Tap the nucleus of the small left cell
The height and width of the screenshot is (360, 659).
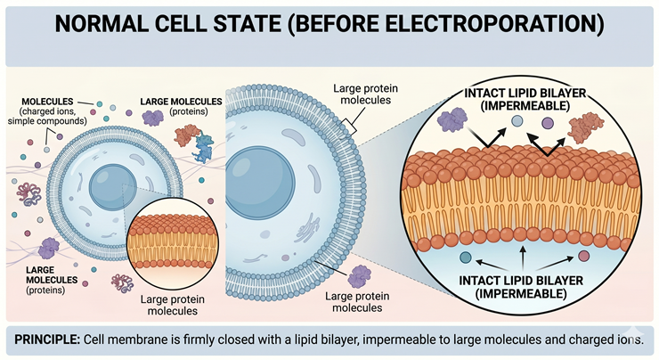pyautogui.click(x=110, y=184)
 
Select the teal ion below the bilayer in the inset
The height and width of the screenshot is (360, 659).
pyautogui.click(x=465, y=258)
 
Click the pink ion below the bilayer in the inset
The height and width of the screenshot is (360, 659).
pyautogui.click(x=583, y=257)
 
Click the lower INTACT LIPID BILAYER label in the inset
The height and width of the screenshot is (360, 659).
pyautogui.click(x=523, y=286)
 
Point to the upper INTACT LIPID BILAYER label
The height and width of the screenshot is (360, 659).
pyautogui.click(x=523, y=98)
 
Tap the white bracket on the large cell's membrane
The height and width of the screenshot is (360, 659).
pyautogui.click(x=353, y=131)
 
